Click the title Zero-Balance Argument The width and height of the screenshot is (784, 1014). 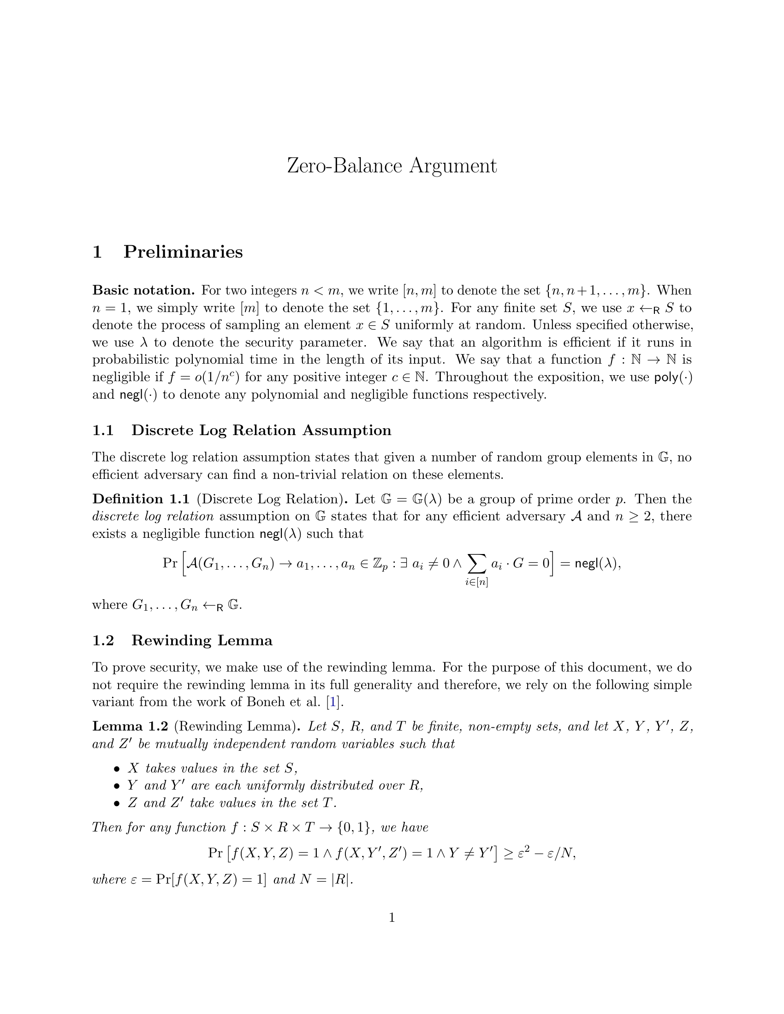(x=392, y=166)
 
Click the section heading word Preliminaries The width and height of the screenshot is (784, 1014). (x=183, y=252)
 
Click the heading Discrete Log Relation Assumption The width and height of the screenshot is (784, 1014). (x=261, y=430)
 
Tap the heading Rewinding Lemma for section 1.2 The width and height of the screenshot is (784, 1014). (x=202, y=640)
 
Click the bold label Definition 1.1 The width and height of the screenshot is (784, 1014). (x=141, y=499)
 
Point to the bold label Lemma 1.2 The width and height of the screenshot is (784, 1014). (x=130, y=726)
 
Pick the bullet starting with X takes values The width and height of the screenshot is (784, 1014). (x=212, y=768)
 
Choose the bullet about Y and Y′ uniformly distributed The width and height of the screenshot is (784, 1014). (x=275, y=785)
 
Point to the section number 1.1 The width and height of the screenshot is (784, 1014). (x=103, y=430)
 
